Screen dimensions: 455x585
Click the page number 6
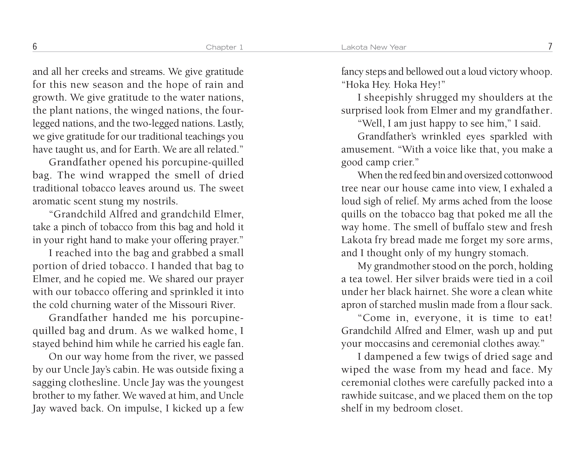pyautogui.click(x=34, y=47)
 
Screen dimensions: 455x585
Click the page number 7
pyautogui.click(x=550, y=47)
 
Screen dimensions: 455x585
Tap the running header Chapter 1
pyautogui.click(x=224, y=47)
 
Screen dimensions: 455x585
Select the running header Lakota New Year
pyautogui.click(x=374, y=47)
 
